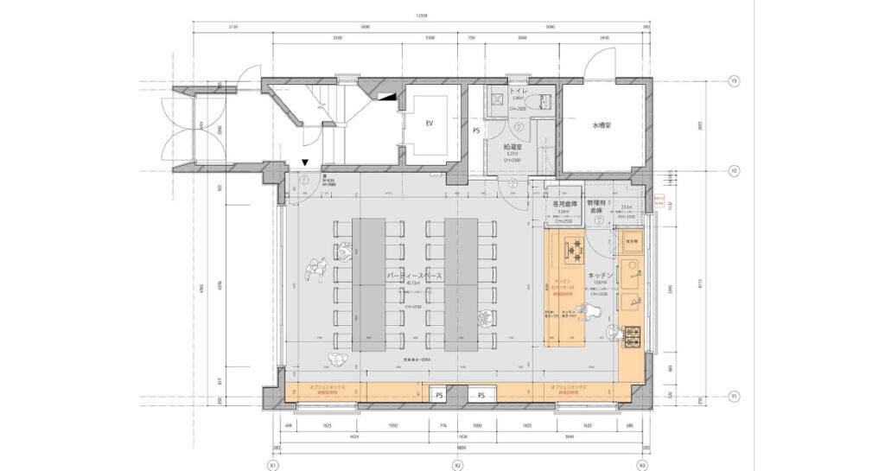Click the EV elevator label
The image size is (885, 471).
click(x=429, y=124)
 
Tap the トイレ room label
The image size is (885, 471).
click(x=519, y=90)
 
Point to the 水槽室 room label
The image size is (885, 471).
click(x=602, y=124)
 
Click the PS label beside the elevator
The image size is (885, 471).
click(x=476, y=130)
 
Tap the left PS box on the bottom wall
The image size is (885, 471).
click(x=439, y=395)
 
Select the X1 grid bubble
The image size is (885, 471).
click(x=273, y=465)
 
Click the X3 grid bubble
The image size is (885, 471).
click(x=641, y=465)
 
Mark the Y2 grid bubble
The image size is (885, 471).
click(x=734, y=171)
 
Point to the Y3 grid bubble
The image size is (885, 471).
click(x=734, y=81)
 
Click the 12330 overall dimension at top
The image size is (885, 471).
click(x=421, y=16)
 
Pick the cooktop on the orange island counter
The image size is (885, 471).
click(x=573, y=248)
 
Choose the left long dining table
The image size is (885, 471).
click(x=368, y=283)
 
